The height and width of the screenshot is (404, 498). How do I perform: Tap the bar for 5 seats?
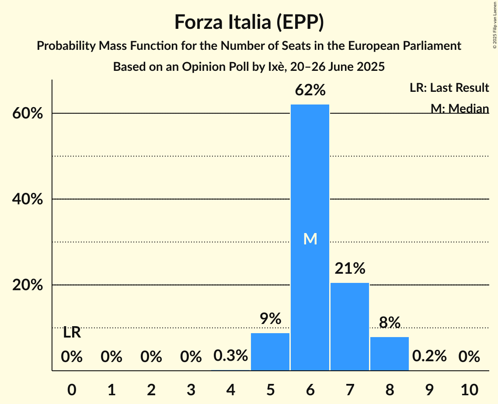pyautogui.click(x=270, y=352)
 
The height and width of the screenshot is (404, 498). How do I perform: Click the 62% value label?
pyautogui.click(x=310, y=91)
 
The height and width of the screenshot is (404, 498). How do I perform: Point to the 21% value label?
pyautogui.click(x=350, y=268)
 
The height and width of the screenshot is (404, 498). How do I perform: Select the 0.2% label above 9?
pyautogui.click(x=429, y=356)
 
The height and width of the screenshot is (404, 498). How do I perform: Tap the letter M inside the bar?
pyautogui.click(x=310, y=239)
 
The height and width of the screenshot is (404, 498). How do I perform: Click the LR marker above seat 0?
pyautogui.click(x=72, y=333)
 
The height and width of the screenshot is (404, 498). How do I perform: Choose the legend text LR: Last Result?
pyautogui.click(x=449, y=88)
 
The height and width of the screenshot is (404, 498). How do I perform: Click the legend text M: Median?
pyautogui.click(x=460, y=108)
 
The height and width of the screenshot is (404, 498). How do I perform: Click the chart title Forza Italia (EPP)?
pyautogui.click(x=249, y=22)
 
